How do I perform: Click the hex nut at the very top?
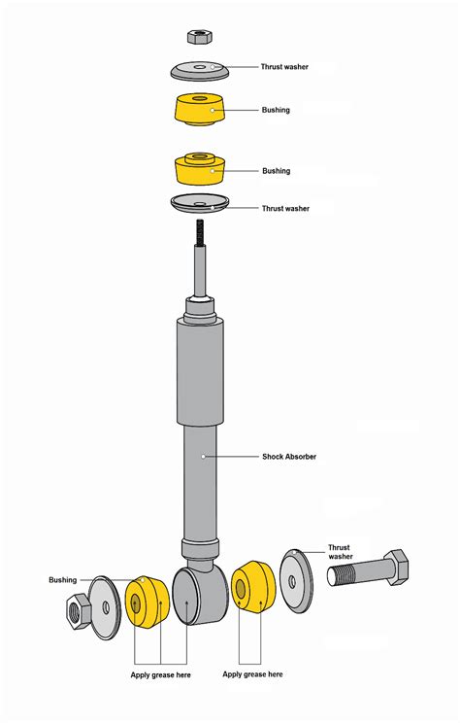[x=200, y=37]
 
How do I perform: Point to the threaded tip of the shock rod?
[x=200, y=233]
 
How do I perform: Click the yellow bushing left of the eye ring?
[x=146, y=603]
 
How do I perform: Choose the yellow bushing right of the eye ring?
[x=251, y=589]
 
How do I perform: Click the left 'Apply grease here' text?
[x=161, y=674]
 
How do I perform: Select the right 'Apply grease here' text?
[x=252, y=673]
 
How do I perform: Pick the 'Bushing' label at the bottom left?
[x=63, y=580]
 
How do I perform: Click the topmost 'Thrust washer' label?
[x=285, y=67]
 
